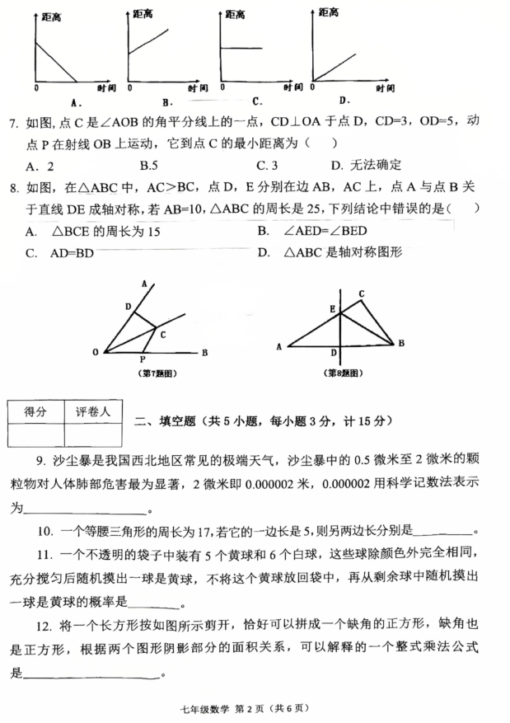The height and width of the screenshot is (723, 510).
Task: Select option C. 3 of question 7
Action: click(x=271, y=165)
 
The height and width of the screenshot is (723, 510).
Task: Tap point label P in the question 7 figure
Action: click(x=143, y=359)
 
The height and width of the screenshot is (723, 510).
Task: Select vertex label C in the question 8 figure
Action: click(x=361, y=293)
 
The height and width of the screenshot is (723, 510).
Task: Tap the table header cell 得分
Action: click(x=35, y=410)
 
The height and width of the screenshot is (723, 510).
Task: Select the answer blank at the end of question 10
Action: click(x=445, y=533)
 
